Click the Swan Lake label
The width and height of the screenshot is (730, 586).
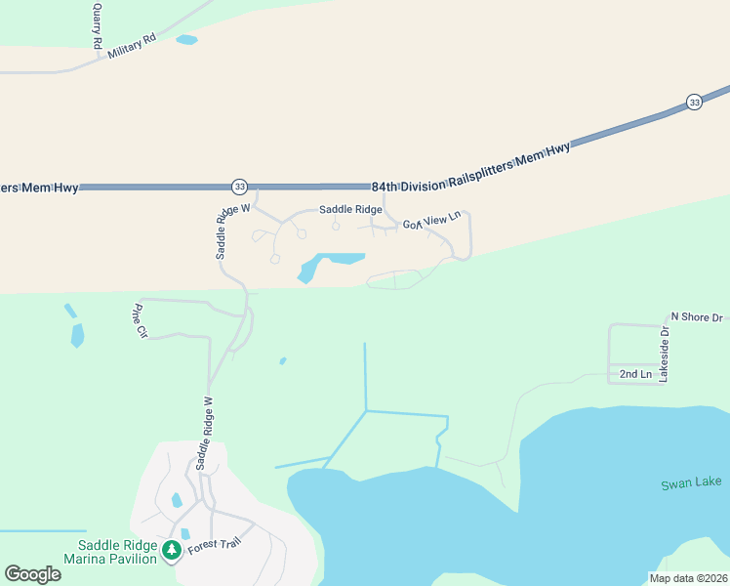(x=690, y=483)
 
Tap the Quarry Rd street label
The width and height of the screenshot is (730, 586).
(x=97, y=25)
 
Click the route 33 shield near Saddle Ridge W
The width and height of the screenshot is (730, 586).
(x=239, y=186)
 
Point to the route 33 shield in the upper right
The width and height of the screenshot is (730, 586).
(x=694, y=103)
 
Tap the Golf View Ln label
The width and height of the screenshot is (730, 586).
(x=431, y=223)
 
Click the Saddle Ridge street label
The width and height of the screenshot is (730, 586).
(x=351, y=210)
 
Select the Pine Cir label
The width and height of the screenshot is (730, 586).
(x=139, y=321)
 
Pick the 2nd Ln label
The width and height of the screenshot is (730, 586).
(x=635, y=374)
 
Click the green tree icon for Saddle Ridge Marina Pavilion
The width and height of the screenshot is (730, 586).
(x=172, y=550)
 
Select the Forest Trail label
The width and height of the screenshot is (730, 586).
(x=214, y=540)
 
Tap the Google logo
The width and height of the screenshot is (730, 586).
(x=32, y=574)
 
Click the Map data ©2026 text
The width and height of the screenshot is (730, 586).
(x=688, y=577)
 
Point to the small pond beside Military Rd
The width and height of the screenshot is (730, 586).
(x=186, y=40)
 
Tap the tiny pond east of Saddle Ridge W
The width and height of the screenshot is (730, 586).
(x=283, y=360)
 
